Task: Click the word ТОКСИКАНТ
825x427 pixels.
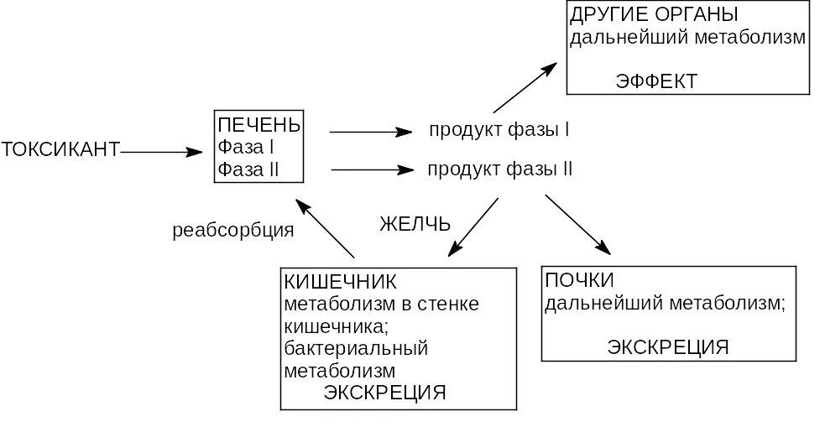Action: tap(60, 151)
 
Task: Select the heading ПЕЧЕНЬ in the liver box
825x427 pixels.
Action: tap(258, 126)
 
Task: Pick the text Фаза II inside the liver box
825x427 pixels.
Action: tap(248, 170)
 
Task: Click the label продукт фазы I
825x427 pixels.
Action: tap(499, 131)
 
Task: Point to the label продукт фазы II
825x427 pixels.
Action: tap(499, 169)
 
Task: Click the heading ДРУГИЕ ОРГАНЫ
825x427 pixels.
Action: tap(654, 15)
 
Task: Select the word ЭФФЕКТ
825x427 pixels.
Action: tap(655, 81)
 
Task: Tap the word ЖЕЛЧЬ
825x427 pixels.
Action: tap(415, 224)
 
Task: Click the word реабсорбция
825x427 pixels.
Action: tap(232, 231)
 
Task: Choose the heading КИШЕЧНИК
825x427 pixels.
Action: tap(340, 280)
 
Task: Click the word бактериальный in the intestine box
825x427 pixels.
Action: tap(356, 347)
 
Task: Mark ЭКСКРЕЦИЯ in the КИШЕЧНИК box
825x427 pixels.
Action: tap(384, 393)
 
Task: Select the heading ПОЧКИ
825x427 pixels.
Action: tap(579, 280)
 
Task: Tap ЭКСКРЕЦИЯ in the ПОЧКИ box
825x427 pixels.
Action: tap(667, 347)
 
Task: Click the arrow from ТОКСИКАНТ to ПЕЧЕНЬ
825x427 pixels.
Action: tap(161, 152)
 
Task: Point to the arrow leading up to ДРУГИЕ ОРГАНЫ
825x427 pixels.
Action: tap(525, 87)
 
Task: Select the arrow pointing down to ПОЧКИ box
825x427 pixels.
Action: tap(577, 223)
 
